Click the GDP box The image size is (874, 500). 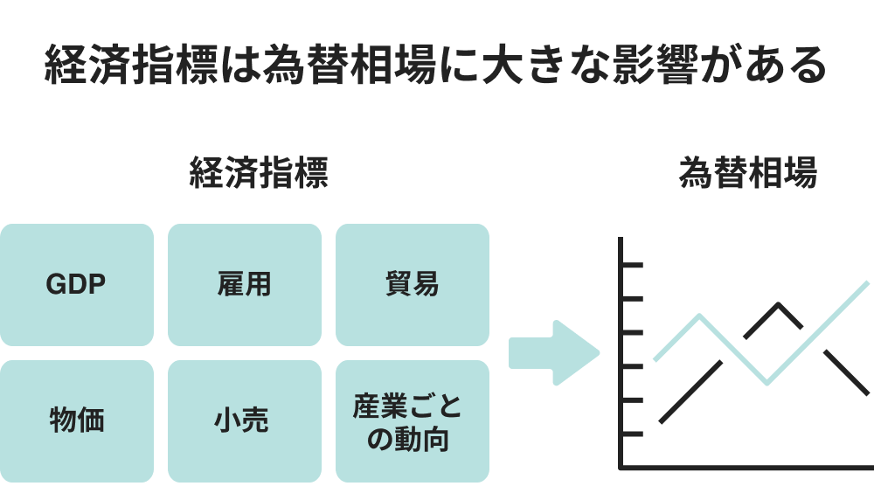76,285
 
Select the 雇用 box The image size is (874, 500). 244,285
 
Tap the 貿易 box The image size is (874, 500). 412,285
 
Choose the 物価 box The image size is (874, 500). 76,420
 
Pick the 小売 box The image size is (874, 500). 244,420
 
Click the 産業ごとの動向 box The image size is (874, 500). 412,420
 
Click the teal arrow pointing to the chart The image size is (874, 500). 553,353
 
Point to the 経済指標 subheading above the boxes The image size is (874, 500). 259,173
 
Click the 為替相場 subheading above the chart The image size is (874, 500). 747,173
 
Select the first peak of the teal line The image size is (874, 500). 700,316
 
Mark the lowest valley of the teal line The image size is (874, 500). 767,382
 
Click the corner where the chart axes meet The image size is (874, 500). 621,468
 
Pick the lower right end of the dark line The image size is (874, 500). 867,394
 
